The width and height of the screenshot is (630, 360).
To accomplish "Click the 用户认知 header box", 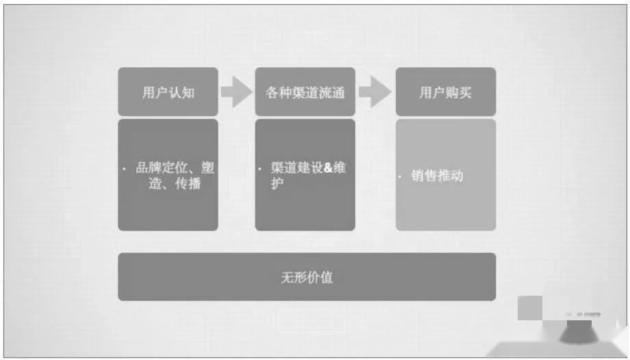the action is [x=168, y=92].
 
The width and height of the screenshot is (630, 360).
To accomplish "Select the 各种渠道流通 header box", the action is [x=305, y=92].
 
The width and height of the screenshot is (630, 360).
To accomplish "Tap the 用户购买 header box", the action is [x=445, y=92].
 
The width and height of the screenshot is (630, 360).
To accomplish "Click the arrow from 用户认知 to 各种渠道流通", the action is [x=236, y=92].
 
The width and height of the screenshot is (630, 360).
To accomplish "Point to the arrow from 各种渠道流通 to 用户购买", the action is [x=375, y=92].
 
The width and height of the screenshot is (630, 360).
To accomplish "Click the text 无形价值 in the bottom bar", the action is [x=307, y=277].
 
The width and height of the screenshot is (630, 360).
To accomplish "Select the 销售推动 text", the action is [x=437, y=176].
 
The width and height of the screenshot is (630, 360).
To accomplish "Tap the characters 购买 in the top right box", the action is [x=459, y=92].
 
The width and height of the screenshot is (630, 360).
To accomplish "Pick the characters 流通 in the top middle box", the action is [x=331, y=92].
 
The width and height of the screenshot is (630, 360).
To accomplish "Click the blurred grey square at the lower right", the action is [x=530, y=307].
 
